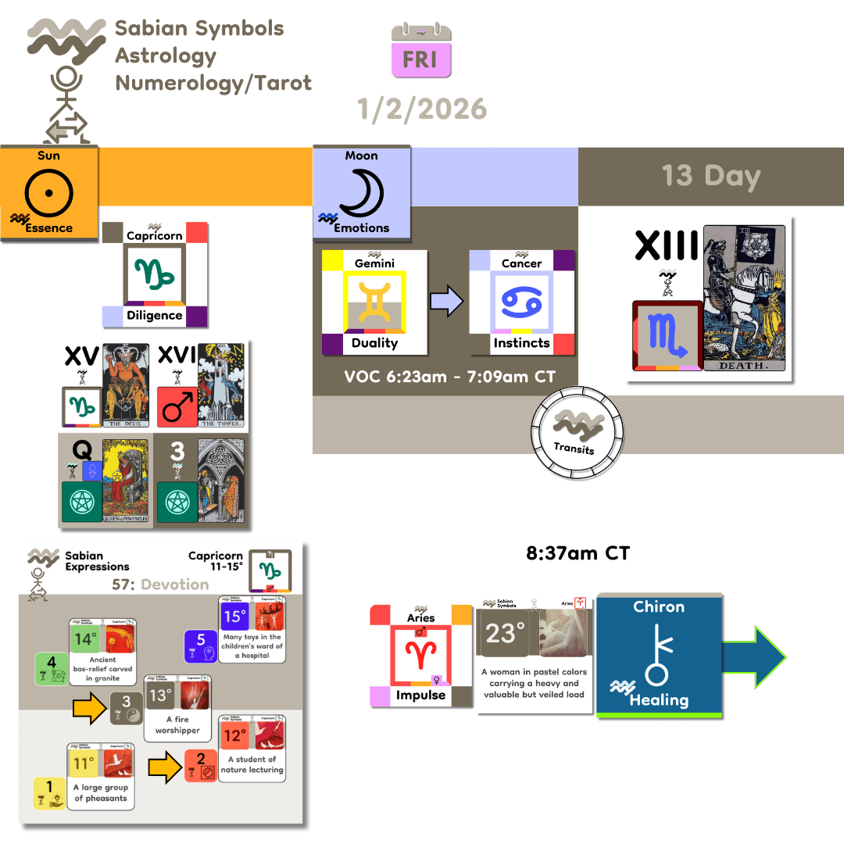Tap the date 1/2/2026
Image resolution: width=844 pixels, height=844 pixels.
(x=422, y=109)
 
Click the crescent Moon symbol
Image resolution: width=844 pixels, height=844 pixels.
(x=360, y=192)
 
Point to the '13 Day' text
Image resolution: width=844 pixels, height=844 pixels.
(x=710, y=175)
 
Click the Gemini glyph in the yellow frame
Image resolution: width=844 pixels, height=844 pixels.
(x=374, y=301)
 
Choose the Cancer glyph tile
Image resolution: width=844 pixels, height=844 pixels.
(x=521, y=301)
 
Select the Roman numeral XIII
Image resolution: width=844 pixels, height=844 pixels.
(x=667, y=246)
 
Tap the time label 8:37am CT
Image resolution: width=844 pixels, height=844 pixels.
(x=578, y=554)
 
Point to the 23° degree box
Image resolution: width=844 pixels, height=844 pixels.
(x=501, y=634)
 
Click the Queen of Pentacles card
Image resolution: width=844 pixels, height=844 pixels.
(x=126, y=478)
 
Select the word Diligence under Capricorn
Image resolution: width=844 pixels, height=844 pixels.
(x=155, y=316)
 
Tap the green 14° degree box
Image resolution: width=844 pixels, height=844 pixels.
(x=84, y=640)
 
